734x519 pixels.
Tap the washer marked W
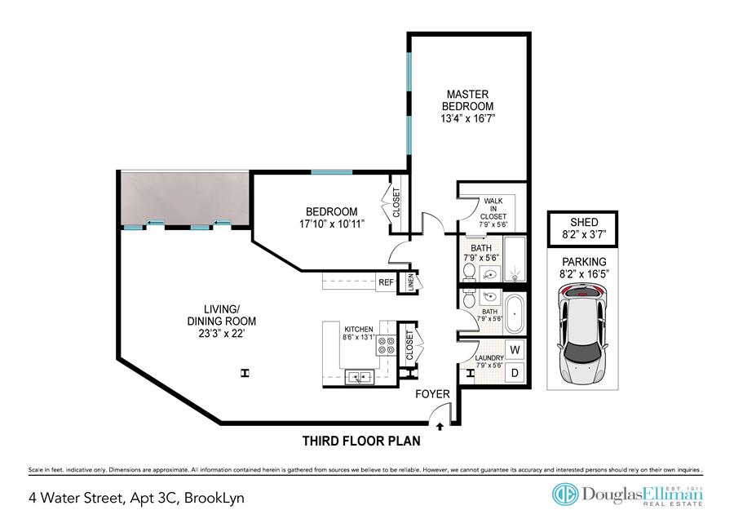tap(515, 350)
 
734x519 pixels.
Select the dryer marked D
tap(515, 373)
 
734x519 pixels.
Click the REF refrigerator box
tap(387, 282)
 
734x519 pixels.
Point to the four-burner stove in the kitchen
tap(387, 346)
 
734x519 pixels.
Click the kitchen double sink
tap(359, 377)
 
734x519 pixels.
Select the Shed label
tap(584, 222)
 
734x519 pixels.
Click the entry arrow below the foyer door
tap(440, 426)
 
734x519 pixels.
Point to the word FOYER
tap(432, 394)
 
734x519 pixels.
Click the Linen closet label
tap(411, 282)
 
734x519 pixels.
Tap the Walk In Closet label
tap(493, 209)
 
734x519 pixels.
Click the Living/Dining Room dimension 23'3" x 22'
tap(221, 334)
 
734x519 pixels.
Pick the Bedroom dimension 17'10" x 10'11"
tap(332, 224)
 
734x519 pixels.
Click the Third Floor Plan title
tap(361, 441)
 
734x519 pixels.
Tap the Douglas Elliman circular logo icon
tap(565, 495)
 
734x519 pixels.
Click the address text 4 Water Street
tap(75, 498)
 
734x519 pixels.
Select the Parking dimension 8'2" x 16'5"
tap(584, 274)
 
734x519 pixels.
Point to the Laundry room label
tap(489, 358)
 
